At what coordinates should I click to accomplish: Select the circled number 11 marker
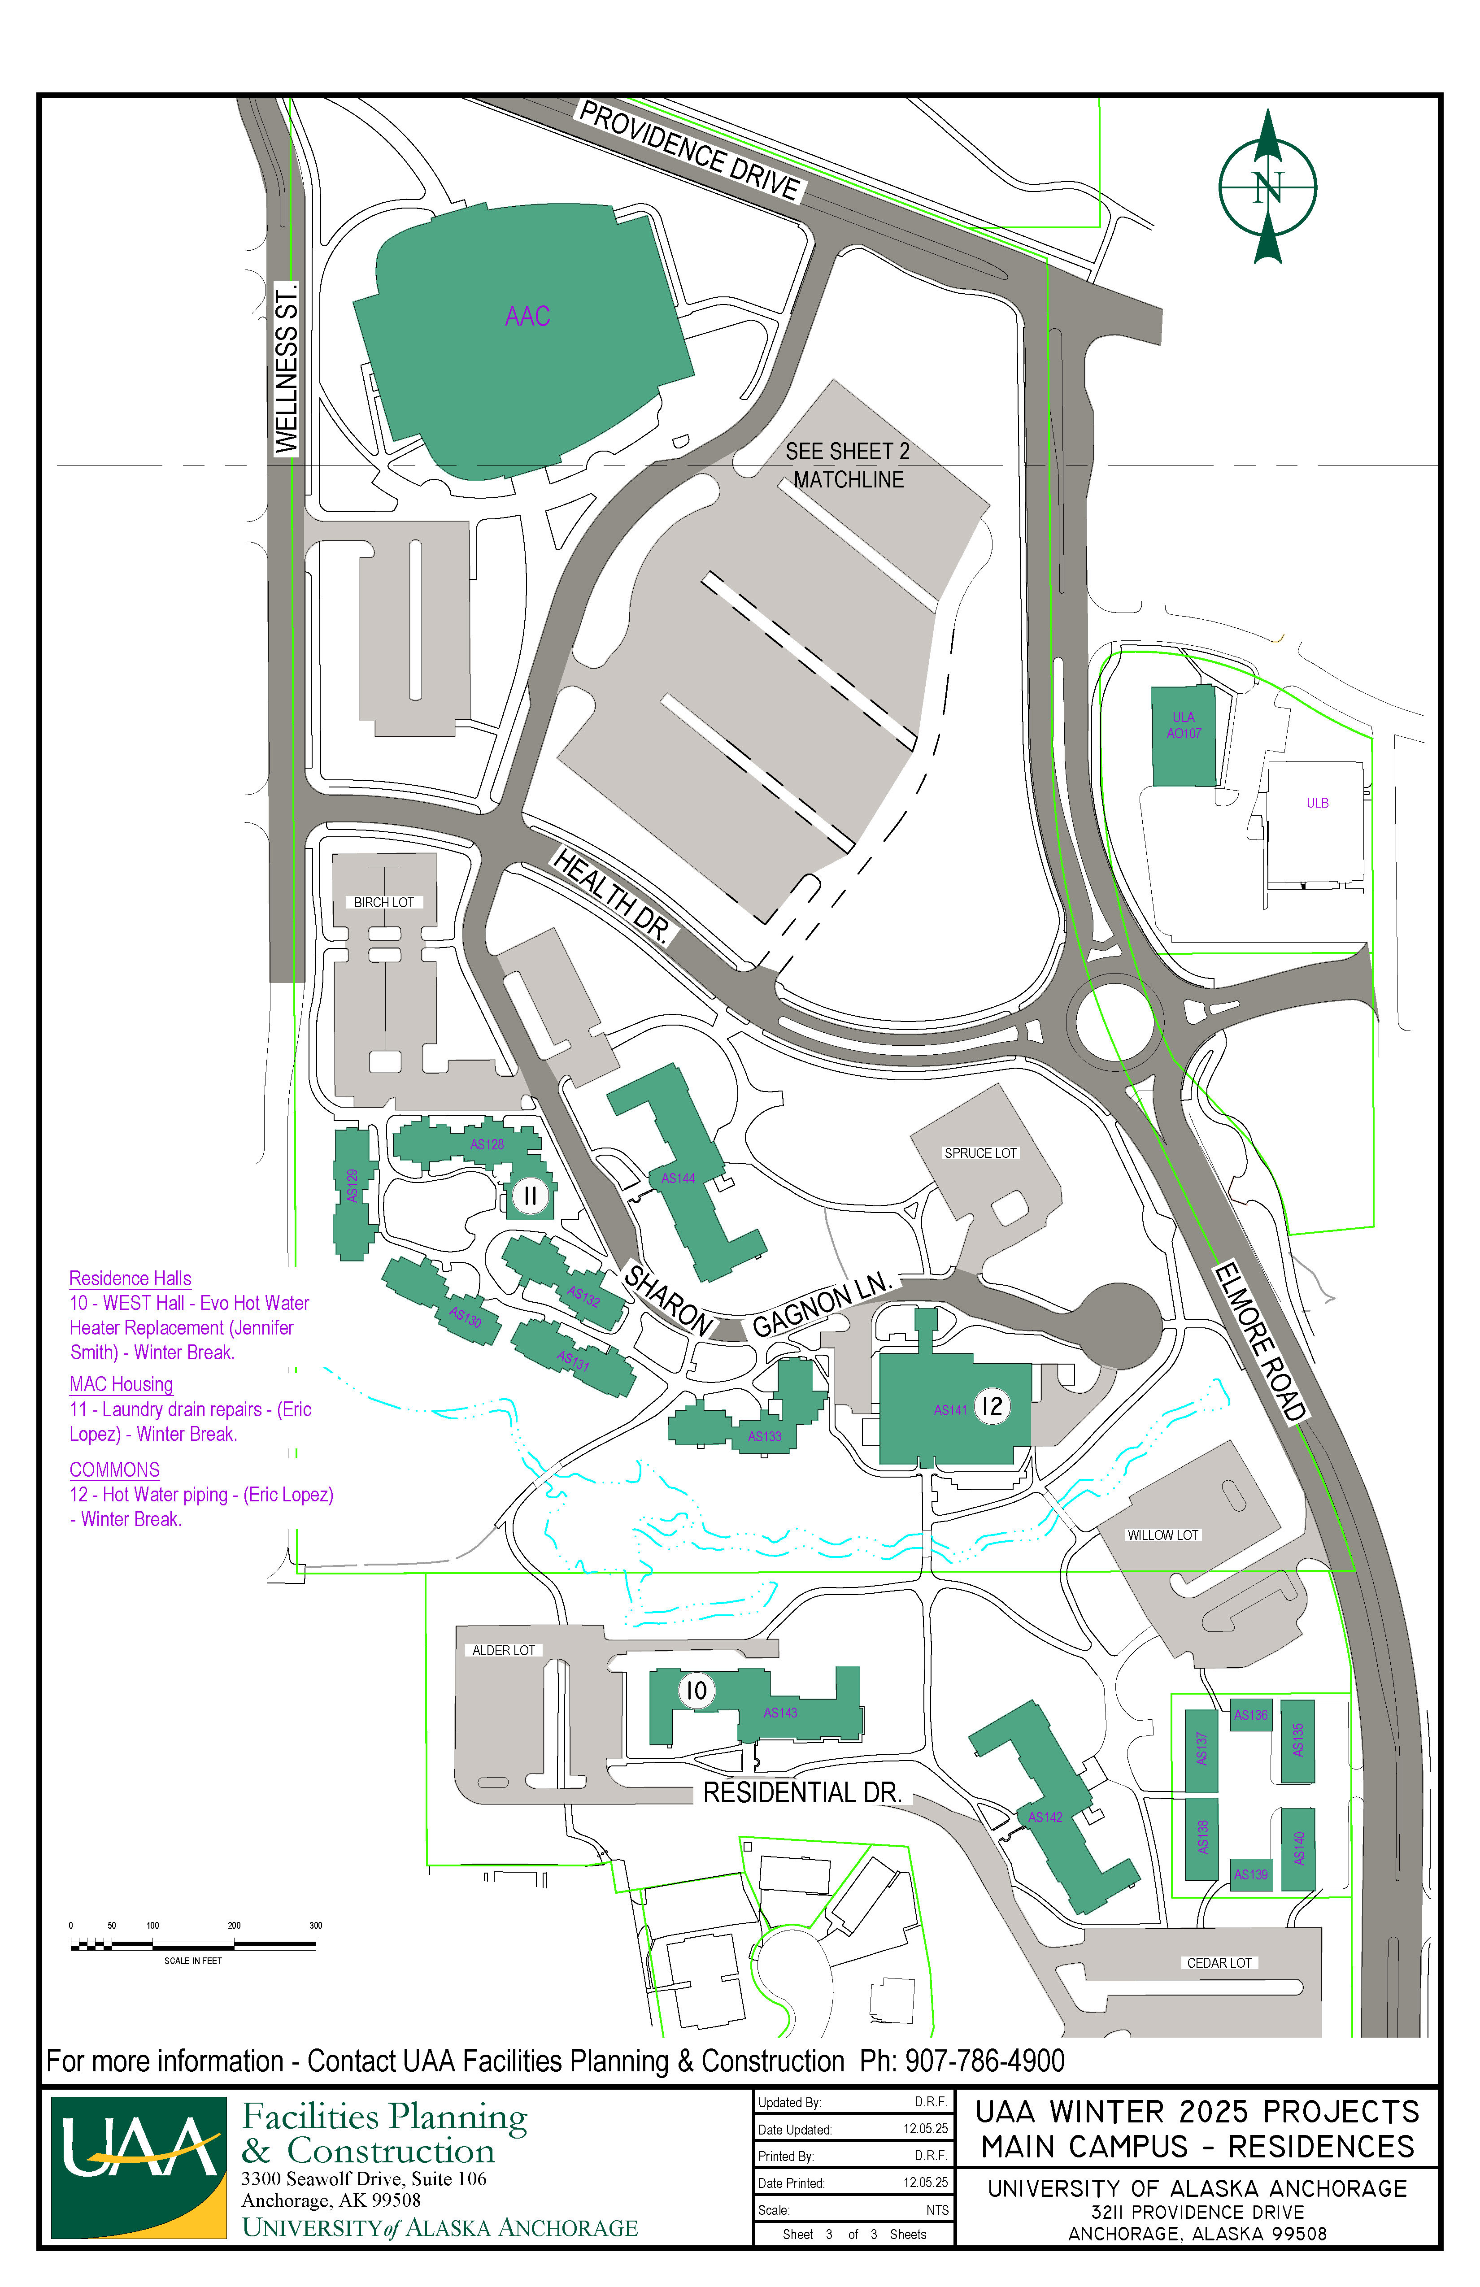(530, 1196)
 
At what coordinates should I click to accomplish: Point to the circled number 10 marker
(696, 1690)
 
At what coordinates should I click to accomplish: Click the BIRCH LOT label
(383, 902)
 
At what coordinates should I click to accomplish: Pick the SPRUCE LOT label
(980, 1153)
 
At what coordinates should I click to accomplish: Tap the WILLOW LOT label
(1163, 1535)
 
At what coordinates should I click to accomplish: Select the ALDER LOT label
(504, 1650)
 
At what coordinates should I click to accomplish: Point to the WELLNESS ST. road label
(287, 368)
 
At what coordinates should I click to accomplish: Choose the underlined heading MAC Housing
(121, 1385)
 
